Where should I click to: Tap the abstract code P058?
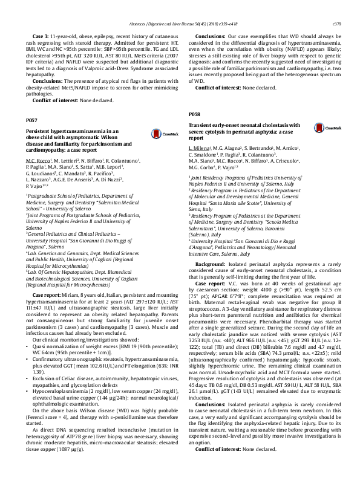pyautogui.click(x=194, y=114)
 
